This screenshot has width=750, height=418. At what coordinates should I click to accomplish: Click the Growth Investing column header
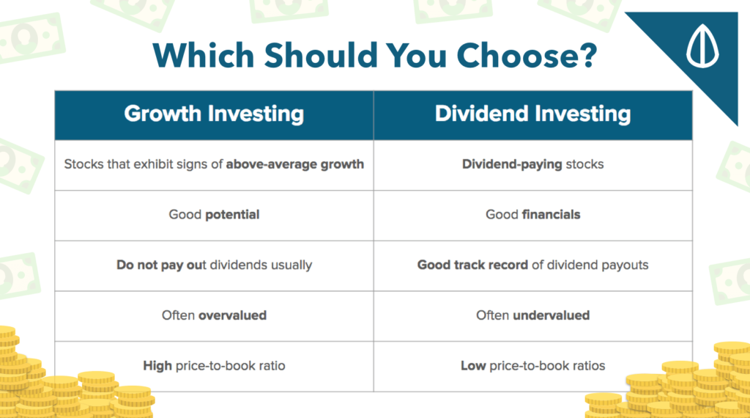[x=214, y=114]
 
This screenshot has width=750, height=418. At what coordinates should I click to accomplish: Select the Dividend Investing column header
[x=533, y=114]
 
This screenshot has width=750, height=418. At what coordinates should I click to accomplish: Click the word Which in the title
[x=204, y=55]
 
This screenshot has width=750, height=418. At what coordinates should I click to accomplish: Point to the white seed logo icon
[x=702, y=45]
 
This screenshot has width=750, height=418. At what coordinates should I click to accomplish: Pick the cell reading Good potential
[x=214, y=215]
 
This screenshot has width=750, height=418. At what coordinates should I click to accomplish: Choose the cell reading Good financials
[x=533, y=215]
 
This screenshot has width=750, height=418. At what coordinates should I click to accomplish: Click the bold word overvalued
[x=232, y=315]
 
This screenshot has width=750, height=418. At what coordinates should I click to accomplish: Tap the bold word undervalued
[x=551, y=315]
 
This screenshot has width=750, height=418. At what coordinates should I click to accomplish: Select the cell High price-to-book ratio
[x=214, y=366]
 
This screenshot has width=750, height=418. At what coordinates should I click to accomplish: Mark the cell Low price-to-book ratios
[x=533, y=366]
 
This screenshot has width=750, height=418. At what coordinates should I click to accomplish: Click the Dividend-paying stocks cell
[x=533, y=164]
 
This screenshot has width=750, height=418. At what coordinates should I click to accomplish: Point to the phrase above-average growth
[x=294, y=164]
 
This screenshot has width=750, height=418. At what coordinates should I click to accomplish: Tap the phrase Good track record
[x=472, y=265]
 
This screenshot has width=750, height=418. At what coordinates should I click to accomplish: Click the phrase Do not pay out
[x=161, y=265]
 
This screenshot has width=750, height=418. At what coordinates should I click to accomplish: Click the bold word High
[x=157, y=366]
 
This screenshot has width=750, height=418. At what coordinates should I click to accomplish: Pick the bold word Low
[x=473, y=366]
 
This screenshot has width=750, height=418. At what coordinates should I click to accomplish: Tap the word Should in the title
[x=321, y=55]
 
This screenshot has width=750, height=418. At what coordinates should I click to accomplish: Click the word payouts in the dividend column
[x=625, y=265]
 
